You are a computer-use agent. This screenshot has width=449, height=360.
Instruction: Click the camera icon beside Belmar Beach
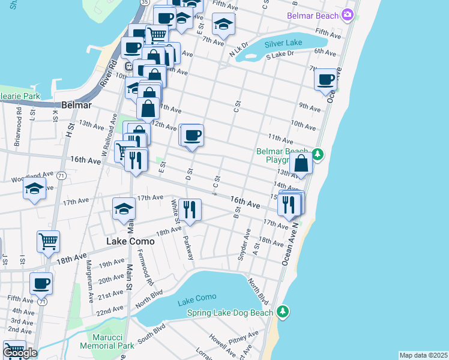347,15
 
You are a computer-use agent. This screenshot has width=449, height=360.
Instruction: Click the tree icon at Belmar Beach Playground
318,155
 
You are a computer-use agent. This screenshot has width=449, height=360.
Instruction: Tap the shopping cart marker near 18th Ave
48,241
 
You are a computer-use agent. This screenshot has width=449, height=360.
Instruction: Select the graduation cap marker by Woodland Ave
35,188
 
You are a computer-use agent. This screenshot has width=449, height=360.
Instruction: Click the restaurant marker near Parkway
190,209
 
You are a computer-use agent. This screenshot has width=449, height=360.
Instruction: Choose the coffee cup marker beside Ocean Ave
326,79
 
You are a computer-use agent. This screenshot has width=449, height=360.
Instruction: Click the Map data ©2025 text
423,355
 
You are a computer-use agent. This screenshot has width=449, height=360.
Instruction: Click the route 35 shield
145,2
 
